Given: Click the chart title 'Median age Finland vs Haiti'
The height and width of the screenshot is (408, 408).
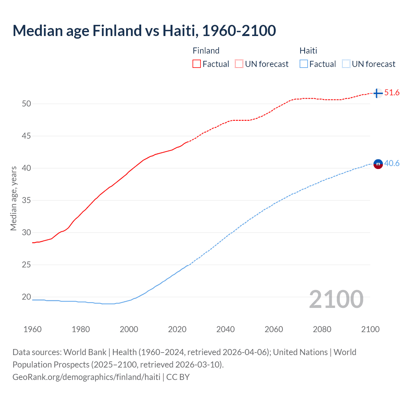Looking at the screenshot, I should click(x=144, y=31).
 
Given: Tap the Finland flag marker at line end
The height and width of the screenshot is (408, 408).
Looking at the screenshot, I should click(x=378, y=93).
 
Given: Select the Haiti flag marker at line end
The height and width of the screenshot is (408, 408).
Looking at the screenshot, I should click(x=378, y=164).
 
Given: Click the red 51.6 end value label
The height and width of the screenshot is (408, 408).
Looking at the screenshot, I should click(x=392, y=93).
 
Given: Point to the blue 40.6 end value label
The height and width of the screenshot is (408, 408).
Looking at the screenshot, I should click(x=392, y=164).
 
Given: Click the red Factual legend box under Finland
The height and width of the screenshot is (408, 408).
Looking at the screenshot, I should click(x=197, y=64).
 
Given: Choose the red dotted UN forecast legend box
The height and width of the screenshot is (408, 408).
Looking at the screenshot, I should click(x=239, y=64).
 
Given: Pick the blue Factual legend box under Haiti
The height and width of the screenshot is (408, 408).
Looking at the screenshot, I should click(x=304, y=64).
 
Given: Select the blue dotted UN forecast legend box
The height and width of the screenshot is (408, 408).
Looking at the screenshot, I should click(x=346, y=64).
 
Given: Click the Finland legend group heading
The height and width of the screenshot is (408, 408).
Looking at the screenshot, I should click(x=206, y=51).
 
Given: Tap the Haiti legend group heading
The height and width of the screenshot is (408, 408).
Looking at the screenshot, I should click(x=308, y=51).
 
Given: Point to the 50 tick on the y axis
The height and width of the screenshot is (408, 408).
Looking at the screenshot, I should click(x=26, y=104).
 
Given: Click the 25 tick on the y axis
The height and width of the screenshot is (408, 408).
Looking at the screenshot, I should click(x=26, y=265).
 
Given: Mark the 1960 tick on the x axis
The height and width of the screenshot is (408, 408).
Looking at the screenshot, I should click(x=33, y=329).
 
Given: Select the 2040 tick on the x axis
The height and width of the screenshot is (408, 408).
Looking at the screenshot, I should click(x=225, y=329).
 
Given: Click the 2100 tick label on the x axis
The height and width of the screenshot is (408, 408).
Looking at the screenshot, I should click(x=370, y=329).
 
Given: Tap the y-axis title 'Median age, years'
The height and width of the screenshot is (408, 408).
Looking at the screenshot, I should click(x=13, y=198).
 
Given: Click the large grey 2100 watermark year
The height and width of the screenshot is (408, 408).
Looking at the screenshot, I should click(x=336, y=299).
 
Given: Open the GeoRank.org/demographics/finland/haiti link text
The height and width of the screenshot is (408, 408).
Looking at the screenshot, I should click(x=86, y=377).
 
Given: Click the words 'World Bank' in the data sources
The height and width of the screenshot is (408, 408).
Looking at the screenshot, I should click(x=85, y=352).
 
